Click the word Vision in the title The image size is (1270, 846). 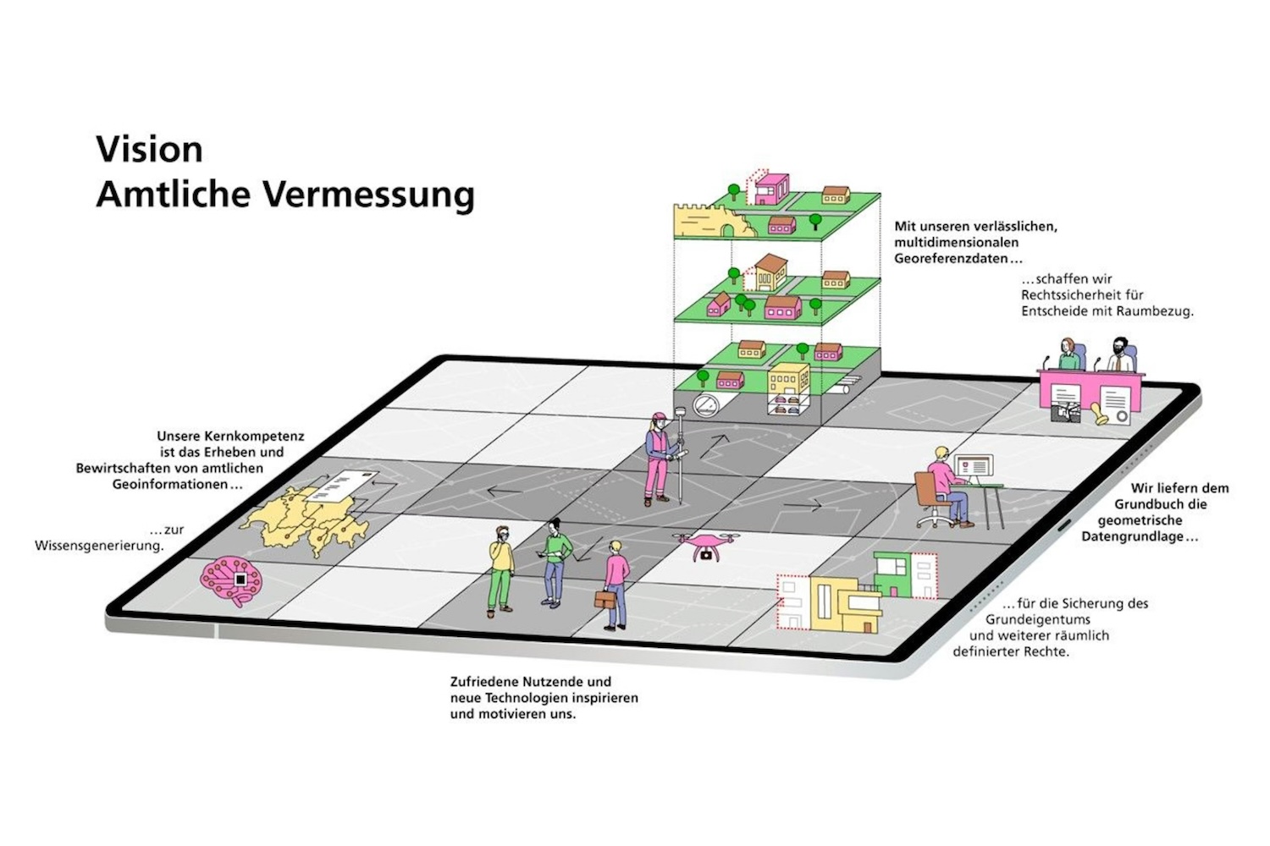[149, 150]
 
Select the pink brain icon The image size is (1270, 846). [230, 579]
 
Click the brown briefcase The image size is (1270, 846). [605, 600]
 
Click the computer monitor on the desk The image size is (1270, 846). [973, 467]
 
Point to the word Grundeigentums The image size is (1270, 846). [1037, 619]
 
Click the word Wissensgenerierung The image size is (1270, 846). [99, 546]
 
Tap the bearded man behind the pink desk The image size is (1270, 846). [1120, 355]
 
